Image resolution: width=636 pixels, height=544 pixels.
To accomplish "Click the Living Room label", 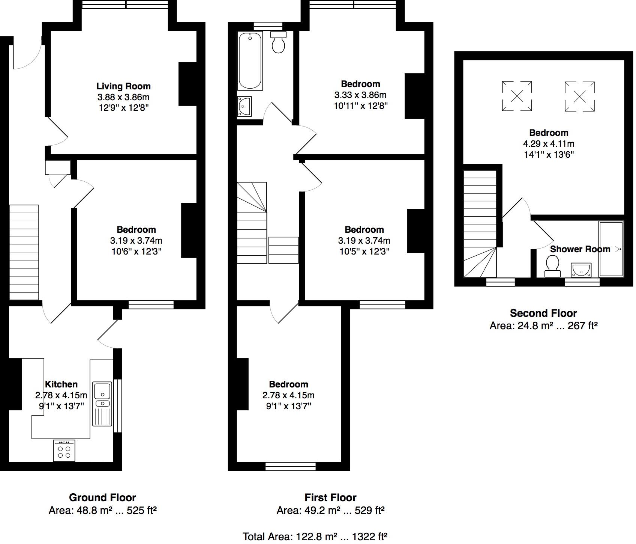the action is tap(123, 86).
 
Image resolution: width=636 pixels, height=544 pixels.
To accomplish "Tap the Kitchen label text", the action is tap(61, 384).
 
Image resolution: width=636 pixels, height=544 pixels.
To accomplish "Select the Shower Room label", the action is tap(580, 249).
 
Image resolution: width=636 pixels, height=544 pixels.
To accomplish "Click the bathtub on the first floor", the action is tap(250, 61).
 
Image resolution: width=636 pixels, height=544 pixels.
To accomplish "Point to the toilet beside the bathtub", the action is tap(279, 42).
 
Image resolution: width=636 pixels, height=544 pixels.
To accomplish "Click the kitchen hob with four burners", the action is tap(64, 451).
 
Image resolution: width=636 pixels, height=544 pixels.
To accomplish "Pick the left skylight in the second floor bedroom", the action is tap(517, 96).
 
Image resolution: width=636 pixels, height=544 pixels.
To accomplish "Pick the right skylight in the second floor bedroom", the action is tap(579, 96).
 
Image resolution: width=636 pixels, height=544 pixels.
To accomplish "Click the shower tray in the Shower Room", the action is tap(611, 249).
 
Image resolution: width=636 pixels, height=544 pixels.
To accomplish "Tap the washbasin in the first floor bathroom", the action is tap(244, 107).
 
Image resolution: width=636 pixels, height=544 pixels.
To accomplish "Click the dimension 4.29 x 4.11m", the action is tap(549, 143).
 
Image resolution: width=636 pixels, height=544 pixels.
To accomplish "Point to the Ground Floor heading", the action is tap(102, 497).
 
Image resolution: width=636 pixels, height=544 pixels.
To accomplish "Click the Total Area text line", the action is tap(315, 536).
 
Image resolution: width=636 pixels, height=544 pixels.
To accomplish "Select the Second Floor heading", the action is tap(543, 313).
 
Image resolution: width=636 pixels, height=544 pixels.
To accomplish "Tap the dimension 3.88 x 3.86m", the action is tap(123, 97).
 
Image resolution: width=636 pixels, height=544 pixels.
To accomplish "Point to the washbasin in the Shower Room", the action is tap(581, 270).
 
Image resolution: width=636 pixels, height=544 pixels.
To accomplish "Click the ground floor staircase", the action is tap(24, 252).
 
